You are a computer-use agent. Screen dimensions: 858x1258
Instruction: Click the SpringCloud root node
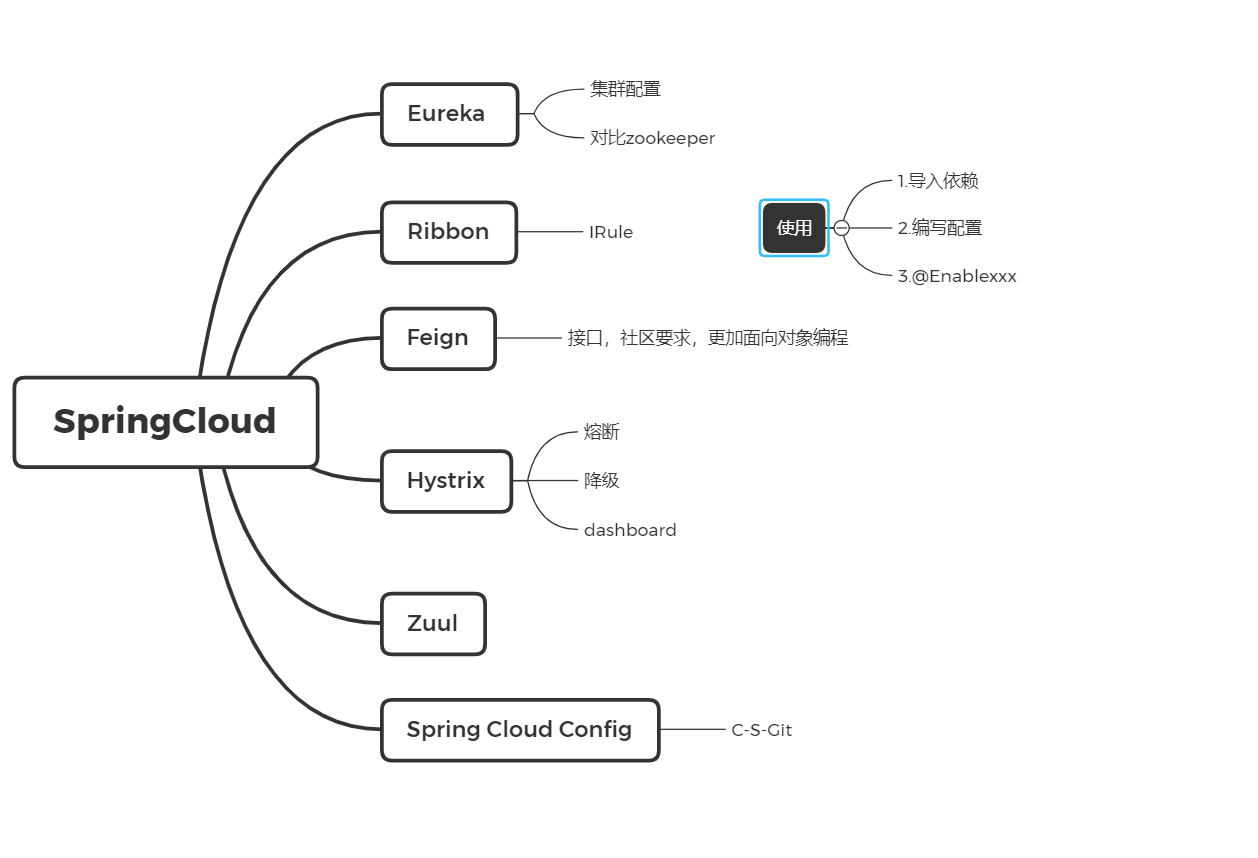click(x=166, y=422)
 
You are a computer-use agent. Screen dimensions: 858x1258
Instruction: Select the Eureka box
click(x=449, y=114)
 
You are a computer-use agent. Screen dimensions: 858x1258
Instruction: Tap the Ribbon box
click(x=449, y=232)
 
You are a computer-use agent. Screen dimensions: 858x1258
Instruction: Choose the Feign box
click(x=438, y=338)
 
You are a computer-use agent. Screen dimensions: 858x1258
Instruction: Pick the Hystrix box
click(x=446, y=481)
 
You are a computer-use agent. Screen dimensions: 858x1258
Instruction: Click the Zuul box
click(x=433, y=624)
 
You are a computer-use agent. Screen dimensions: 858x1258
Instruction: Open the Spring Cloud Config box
click(x=520, y=730)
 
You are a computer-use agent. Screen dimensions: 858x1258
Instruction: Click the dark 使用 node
click(x=794, y=228)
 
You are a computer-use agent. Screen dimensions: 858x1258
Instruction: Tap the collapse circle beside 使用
click(x=842, y=228)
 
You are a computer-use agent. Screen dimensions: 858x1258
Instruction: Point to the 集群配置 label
click(x=625, y=89)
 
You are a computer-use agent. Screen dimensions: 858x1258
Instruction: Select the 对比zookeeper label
click(x=652, y=138)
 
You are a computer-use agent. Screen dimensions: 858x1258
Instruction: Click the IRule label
click(x=611, y=232)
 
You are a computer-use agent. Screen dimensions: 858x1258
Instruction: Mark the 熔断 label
click(x=602, y=432)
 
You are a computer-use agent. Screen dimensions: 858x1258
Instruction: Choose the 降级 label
click(x=602, y=481)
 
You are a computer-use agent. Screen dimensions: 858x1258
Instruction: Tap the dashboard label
click(x=630, y=530)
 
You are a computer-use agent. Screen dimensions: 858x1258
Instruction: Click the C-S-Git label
click(x=761, y=730)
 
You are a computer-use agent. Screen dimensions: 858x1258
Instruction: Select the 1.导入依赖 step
click(x=938, y=181)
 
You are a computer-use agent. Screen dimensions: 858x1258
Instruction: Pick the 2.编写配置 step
click(x=940, y=228)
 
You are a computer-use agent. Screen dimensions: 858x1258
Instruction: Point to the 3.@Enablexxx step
click(x=957, y=276)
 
